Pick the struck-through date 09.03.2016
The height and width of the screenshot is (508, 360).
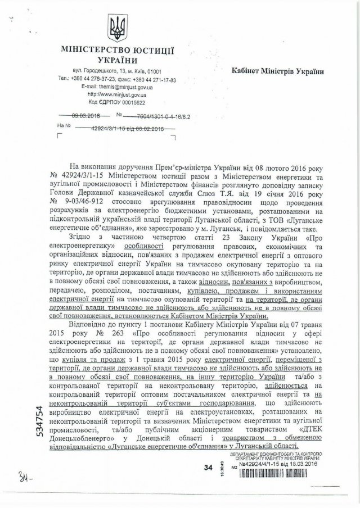point(86,116)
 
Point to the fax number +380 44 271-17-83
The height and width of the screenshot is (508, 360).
point(154,80)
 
